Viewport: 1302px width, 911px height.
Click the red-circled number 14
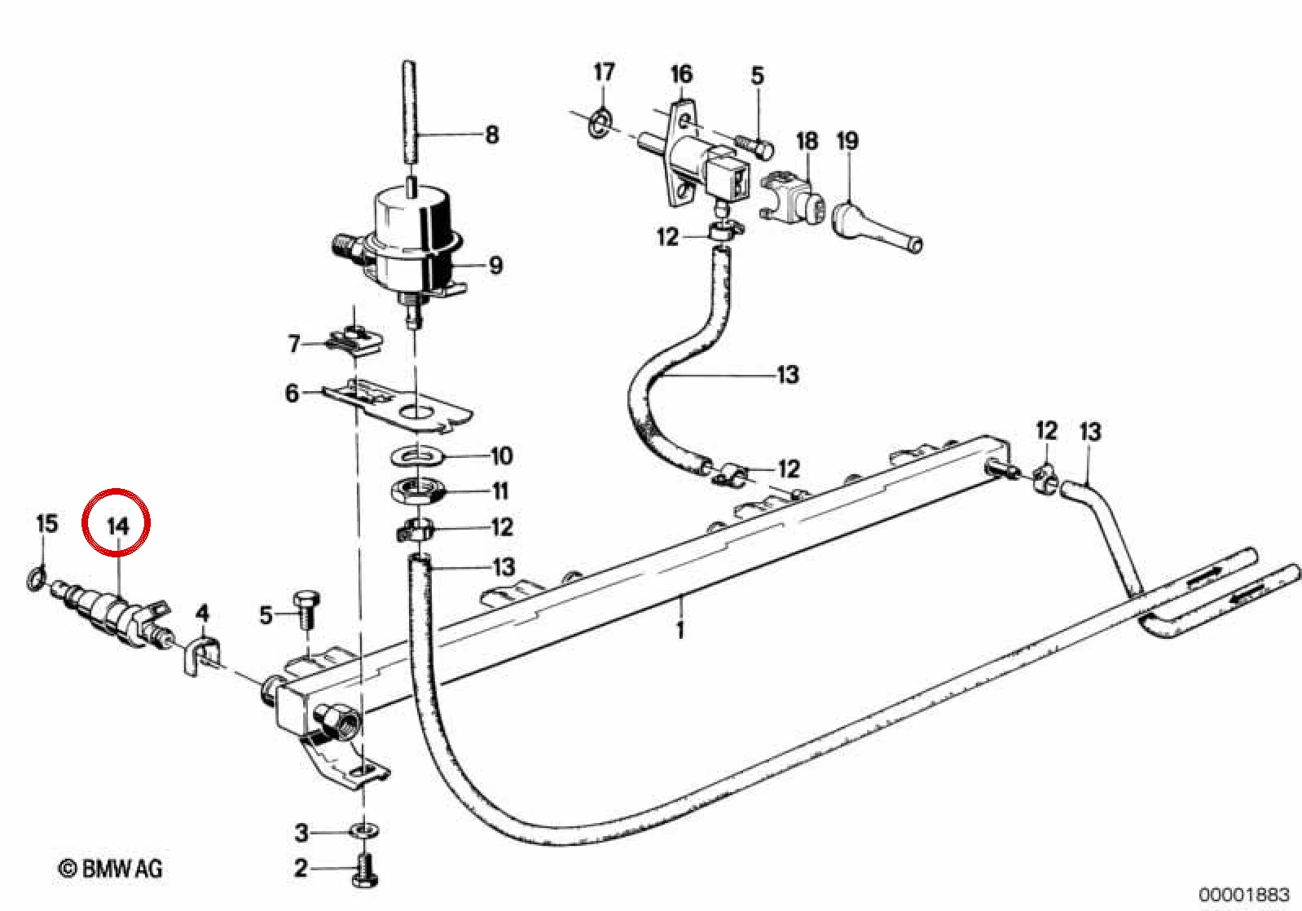click(x=118, y=526)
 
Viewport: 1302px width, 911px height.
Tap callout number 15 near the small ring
click(x=47, y=523)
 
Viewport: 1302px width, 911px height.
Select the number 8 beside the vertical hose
click(x=492, y=135)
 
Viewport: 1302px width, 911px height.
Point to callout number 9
click(x=495, y=266)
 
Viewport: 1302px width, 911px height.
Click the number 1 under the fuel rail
click(x=680, y=630)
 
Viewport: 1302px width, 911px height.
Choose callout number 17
click(x=604, y=72)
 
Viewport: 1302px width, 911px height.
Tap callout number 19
click(x=847, y=141)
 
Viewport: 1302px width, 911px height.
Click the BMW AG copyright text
click(x=111, y=869)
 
